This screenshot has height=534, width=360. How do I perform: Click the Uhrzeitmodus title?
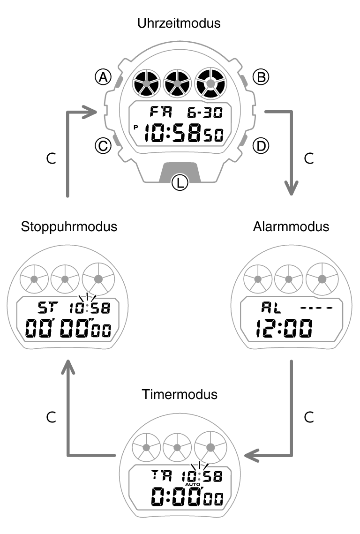pos(179,23)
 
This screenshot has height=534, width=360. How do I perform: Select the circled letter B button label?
pos(261,77)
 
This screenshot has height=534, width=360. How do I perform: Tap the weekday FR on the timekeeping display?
pos(161,113)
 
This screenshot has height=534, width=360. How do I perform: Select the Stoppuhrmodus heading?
pos(69,227)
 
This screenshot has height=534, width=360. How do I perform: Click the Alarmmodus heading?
pos(291,227)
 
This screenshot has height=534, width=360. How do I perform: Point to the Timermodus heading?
pos(180,394)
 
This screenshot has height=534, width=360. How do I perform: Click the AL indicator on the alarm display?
pos(270,308)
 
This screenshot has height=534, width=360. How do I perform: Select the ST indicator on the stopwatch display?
pos(47,308)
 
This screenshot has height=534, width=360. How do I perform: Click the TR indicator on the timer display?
pos(161,475)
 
